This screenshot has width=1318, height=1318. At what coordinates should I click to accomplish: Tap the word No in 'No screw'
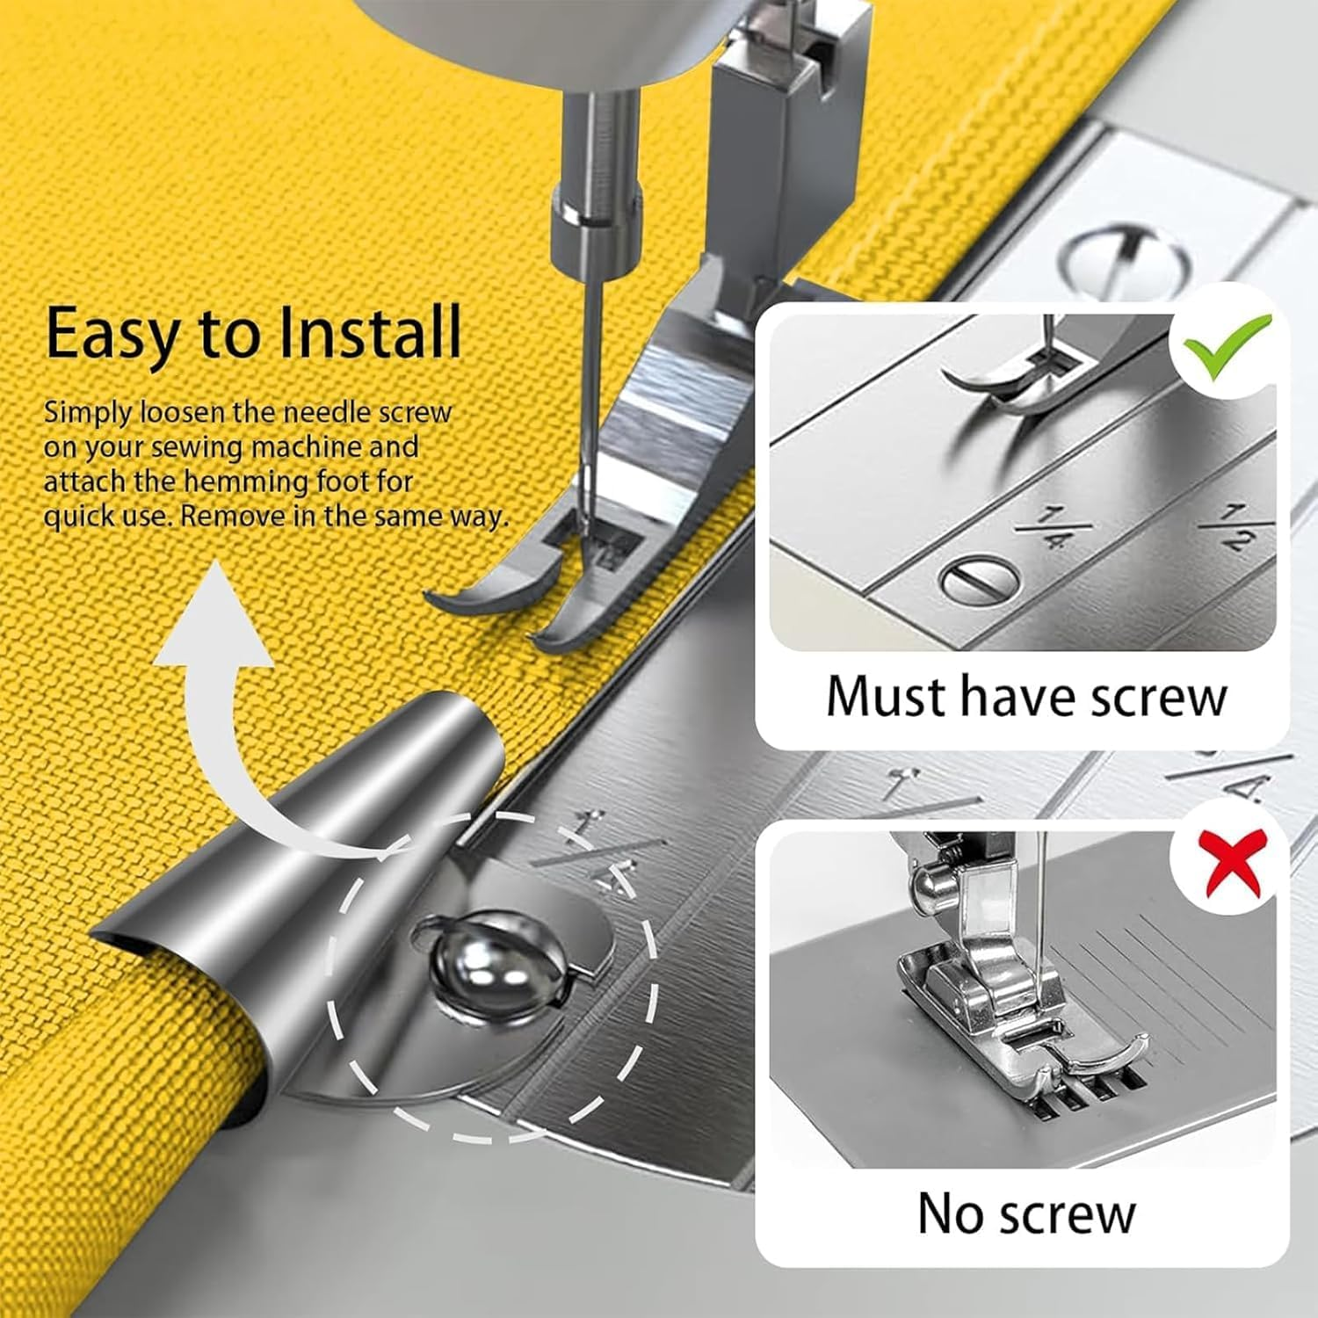pos(950,1214)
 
